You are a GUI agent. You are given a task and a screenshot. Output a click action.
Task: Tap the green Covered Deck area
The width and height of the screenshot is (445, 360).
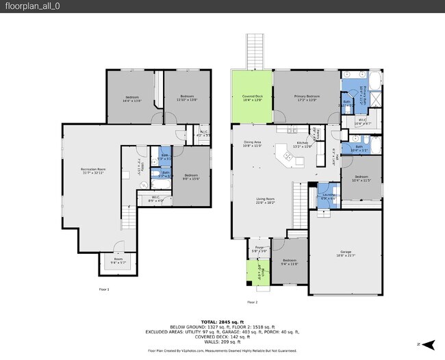(x=252, y=97)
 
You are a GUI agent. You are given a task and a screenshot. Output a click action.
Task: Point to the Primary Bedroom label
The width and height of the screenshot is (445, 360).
(x=306, y=97)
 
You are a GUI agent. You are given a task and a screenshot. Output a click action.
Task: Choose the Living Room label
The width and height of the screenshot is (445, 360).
(x=266, y=201)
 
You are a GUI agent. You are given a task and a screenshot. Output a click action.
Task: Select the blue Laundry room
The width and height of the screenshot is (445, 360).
(x=329, y=195)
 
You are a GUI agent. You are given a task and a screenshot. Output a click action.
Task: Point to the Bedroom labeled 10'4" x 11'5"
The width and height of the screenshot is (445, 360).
(x=361, y=179)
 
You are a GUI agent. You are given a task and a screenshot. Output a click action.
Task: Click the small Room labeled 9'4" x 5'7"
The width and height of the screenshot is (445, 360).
(x=118, y=261)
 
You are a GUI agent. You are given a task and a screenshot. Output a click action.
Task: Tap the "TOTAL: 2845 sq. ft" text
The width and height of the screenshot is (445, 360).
(x=222, y=321)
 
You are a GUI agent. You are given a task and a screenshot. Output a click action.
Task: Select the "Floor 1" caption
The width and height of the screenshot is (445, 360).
(x=103, y=290)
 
